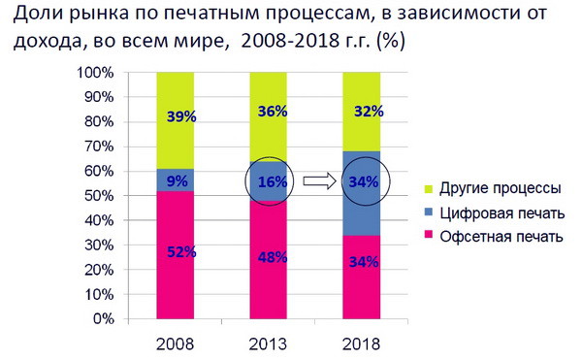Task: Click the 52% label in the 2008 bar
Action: click(x=180, y=253)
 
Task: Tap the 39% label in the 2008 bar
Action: click(x=180, y=116)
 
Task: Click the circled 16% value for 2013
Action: click(x=274, y=180)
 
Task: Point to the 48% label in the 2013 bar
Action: click(x=274, y=258)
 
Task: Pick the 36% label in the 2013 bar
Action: click(x=274, y=112)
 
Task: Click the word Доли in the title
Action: click(x=38, y=16)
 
